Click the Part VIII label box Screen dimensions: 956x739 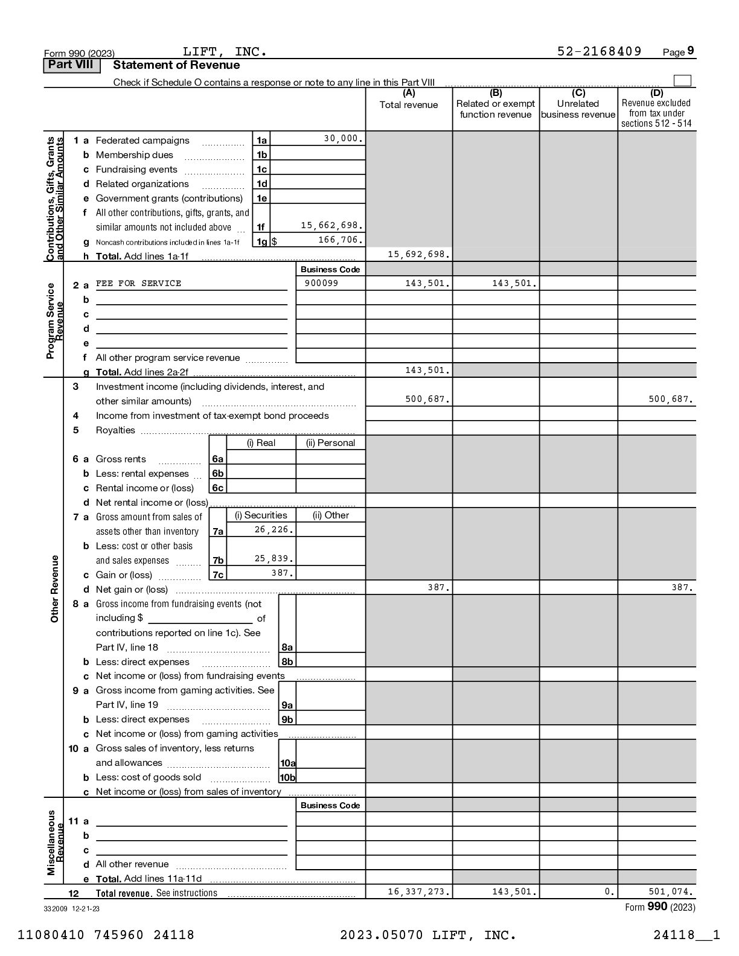[71, 65]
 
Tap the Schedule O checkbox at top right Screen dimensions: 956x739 [682, 81]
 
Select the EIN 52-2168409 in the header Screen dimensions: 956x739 [599, 52]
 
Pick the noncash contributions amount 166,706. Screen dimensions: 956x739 [341, 240]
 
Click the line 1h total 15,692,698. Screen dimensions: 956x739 [418, 255]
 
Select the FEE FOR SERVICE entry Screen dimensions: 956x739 [138, 284]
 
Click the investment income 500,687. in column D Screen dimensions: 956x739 [670, 400]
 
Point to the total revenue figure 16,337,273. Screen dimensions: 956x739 [418, 892]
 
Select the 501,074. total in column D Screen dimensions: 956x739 [670, 892]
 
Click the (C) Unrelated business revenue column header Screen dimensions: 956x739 [578, 104]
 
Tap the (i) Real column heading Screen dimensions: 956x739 [261, 443]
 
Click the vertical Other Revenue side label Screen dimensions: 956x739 [55, 588]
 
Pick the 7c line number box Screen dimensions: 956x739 [217, 575]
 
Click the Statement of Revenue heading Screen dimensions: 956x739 [176, 65]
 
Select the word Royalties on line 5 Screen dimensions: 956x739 [115, 430]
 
